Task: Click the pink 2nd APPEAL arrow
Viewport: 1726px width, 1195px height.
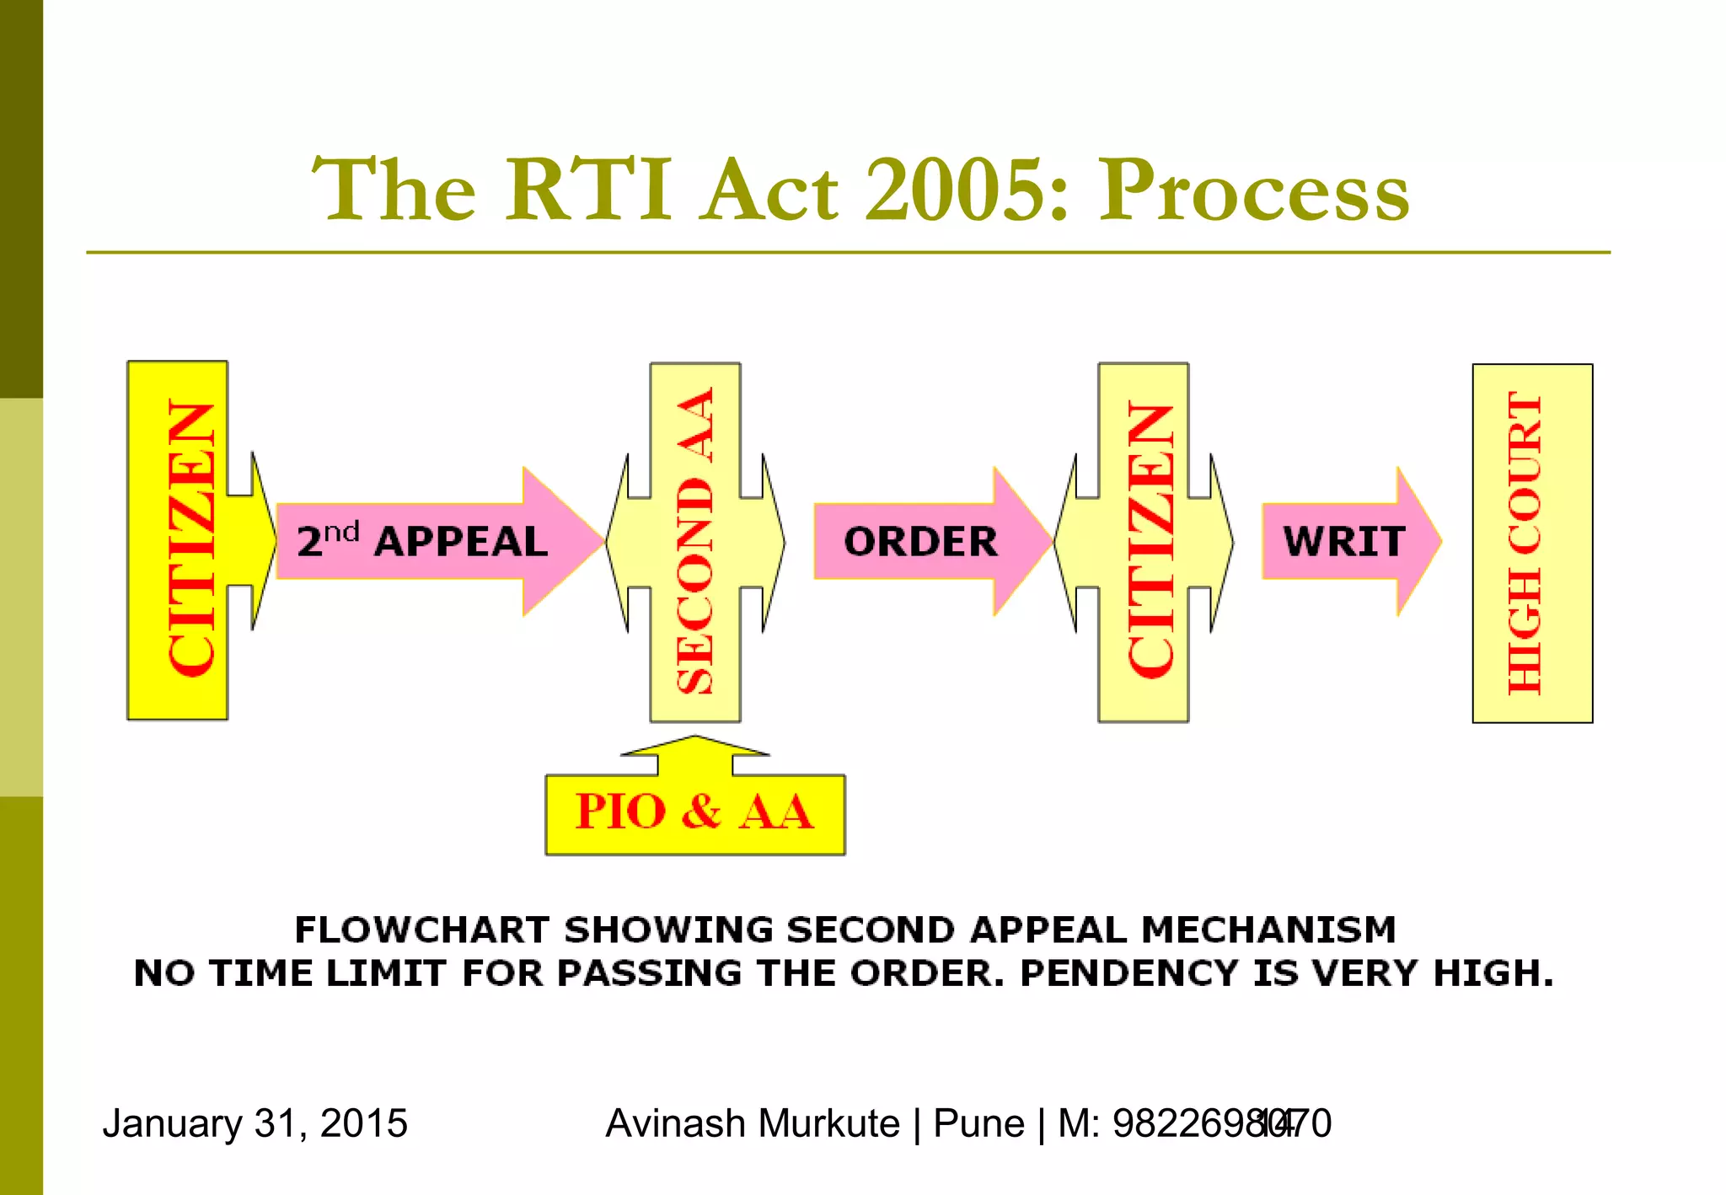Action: point(421,541)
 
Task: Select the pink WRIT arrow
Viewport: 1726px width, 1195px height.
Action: point(1343,541)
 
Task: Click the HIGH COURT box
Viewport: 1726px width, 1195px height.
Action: point(1531,543)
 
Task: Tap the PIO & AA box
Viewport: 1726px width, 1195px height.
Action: point(694,812)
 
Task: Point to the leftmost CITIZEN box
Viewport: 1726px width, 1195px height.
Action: point(178,539)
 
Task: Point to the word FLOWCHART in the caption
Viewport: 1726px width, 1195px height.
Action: point(421,930)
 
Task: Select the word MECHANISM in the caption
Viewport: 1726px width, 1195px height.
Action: point(1268,930)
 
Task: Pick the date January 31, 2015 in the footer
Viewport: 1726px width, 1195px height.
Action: point(255,1123)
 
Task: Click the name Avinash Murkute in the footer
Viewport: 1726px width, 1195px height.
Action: point(752,1123)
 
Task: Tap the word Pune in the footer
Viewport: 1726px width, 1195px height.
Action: point(978,1123)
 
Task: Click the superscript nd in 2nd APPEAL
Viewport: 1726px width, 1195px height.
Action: point(341,532)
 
